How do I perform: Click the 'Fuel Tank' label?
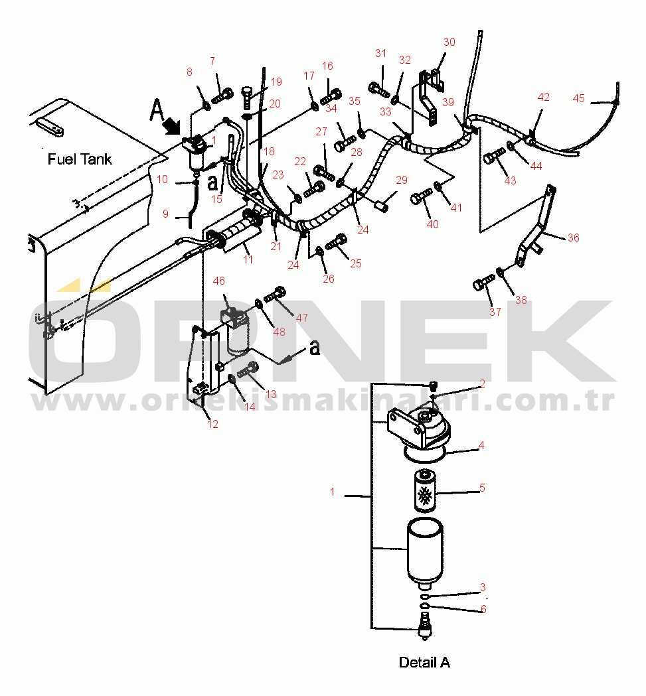pyautogui.click(x=80, y=159)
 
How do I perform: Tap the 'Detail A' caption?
pyautogui.click(x=424, y=662)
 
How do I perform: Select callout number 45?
pyautogui.click(x=578, y=98)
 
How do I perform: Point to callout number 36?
pyautogui.click(x=573, y=238)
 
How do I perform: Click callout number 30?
pyautogui.click(x=449, y=42)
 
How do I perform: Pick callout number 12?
pyautogui.click(x=213, y=424)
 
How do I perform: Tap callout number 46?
pyautogui.click(x=218, y=281)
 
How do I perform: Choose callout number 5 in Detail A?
pyautogui.click(x=482, y=488)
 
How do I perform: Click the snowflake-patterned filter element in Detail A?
pyautogui.click(x=425, y=492)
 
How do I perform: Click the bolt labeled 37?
pyautogui.click(x=483, y=282)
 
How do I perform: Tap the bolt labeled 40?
pyautogui.click(x=421, y=196)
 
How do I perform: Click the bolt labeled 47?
pyautogui.click(x=275, y=295)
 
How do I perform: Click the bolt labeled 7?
pyautogui.click(x=222, y=96)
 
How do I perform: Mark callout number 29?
pyautogui.click(x=401, y=180)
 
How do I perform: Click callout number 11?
pyautogui.click(x=248, y=259)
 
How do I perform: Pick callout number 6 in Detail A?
pyautogui.click(x=483, y=609)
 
